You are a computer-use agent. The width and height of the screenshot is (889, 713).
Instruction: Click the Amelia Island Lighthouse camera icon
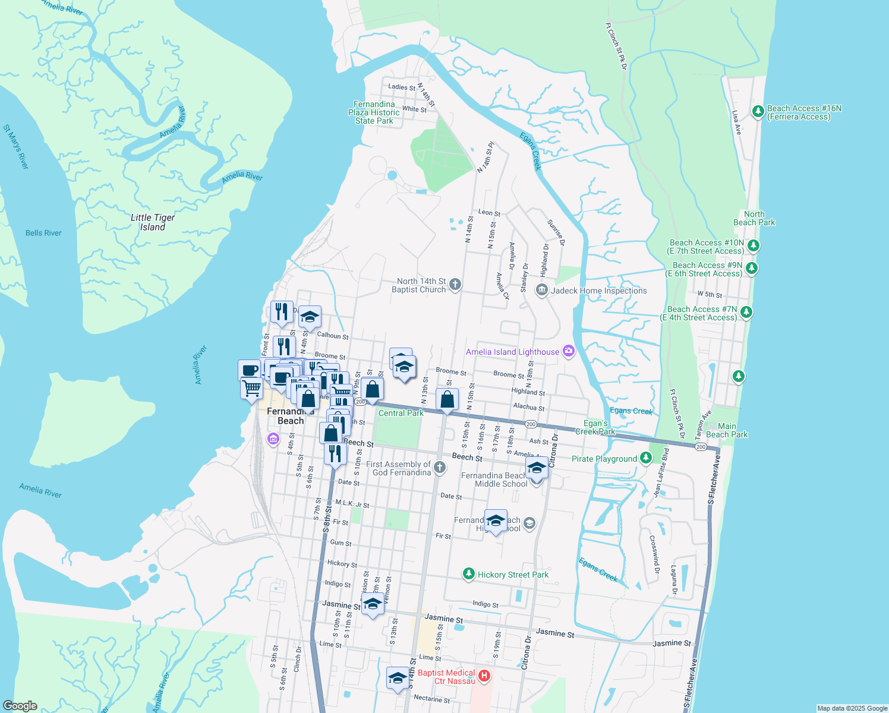[x=569, y=352]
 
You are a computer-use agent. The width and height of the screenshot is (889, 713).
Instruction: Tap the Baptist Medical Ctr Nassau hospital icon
[x=484, y=676]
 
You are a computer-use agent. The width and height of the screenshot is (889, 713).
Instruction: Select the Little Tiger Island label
[x=153, y=222]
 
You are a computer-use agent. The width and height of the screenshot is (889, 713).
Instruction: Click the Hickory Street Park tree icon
[x=469, y=574]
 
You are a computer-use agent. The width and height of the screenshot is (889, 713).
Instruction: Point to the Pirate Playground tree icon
[x=646, y=458]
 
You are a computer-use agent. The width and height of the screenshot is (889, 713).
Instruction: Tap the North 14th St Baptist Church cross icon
[x=455, y=285]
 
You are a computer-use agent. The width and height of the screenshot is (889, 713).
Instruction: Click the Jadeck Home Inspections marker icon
[x=541, y=291]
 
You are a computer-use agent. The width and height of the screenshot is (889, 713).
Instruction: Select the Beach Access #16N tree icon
[x=758, y=112]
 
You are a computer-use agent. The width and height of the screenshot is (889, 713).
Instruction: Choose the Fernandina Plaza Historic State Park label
[x=374, y=112]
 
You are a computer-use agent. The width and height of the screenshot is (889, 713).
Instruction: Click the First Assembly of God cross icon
[x=440, y=468]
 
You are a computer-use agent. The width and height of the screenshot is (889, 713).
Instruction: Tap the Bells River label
[x=43, y=233]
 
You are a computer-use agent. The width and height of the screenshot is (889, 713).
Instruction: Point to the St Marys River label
[x=16, y=147]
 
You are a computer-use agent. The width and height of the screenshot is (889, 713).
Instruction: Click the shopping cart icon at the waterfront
[x=251, y=389]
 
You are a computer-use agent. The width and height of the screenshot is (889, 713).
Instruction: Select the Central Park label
[x=401, y=413]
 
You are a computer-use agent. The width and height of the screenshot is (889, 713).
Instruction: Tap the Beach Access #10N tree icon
[x=754, y=245]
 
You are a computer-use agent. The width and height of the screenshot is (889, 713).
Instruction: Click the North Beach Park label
[x=754, y=218]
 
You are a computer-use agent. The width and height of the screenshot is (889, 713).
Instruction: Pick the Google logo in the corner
[x=20, y=705]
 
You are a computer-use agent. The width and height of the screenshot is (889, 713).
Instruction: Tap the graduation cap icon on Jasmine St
[x=373, y=604]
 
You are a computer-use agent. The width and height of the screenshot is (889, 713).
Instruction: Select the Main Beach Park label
[x=727, y=430]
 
